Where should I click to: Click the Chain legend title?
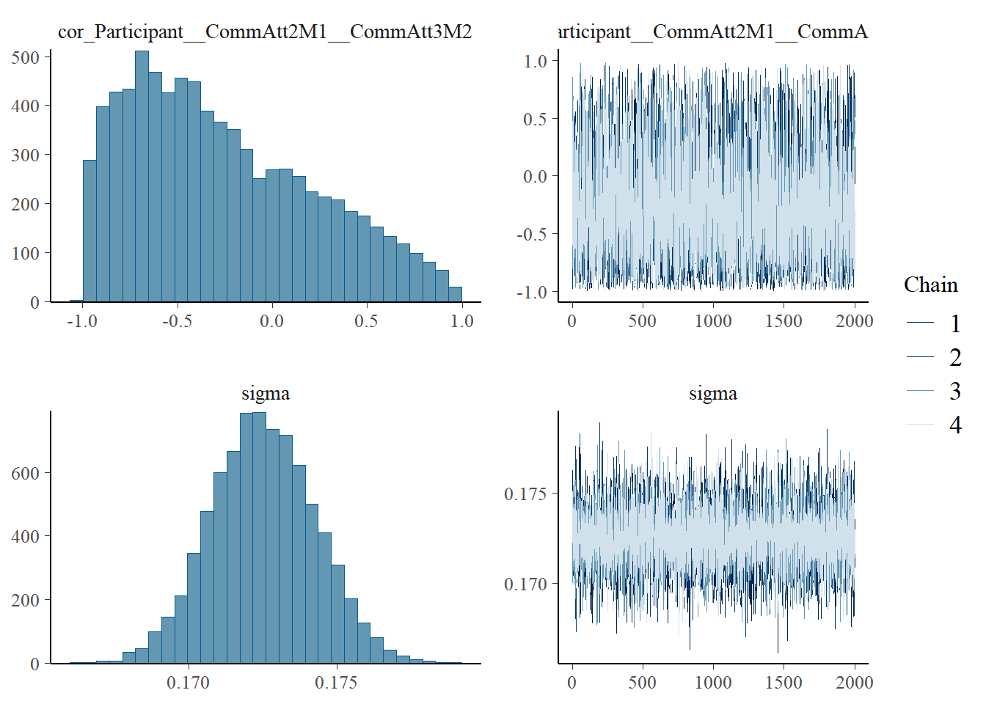click(930, 285)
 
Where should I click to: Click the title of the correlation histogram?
click(265, 32)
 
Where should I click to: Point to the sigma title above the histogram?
click(265, 393)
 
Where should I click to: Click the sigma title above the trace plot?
click(712, 393)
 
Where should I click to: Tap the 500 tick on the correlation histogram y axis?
click(26, 57)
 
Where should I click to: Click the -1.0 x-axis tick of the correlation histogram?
click(81, 321)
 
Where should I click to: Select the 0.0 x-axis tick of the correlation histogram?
click(271, 321)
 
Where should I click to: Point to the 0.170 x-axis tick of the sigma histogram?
click(188, 683)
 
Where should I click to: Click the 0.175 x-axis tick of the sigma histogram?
click(336, 683)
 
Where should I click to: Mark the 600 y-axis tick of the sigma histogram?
click(26, 473)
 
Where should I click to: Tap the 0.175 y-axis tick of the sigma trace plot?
click(525, 494)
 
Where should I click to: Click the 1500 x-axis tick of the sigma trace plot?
click(784, 683)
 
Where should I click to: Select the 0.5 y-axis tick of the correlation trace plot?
click(535, 119)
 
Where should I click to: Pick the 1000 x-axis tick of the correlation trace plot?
click(713, 321)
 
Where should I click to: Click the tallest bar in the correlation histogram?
click(142, 176)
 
